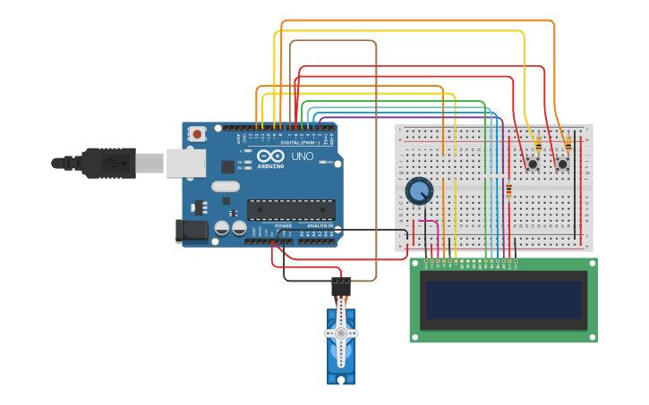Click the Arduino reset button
coord(196,134)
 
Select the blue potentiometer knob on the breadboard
coord(419,190)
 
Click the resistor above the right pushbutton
coord(568,143)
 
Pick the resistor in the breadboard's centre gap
coord(509,190)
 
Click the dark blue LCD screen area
coord(503,300)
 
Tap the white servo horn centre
coord(341,333)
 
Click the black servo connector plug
coord(341,286)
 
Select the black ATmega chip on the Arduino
coord(291,209)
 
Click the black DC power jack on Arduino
coord(192,231)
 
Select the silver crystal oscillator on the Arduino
coord(226,186)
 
